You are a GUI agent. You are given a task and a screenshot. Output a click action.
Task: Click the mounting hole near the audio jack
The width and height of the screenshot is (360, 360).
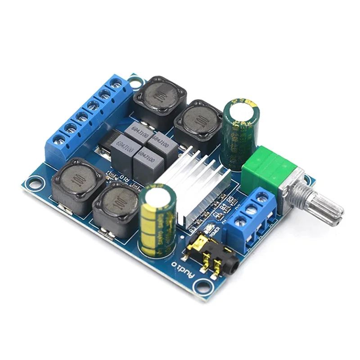(204, 284)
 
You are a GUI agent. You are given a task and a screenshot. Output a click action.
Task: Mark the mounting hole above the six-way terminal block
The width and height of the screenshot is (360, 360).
(134, 81)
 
